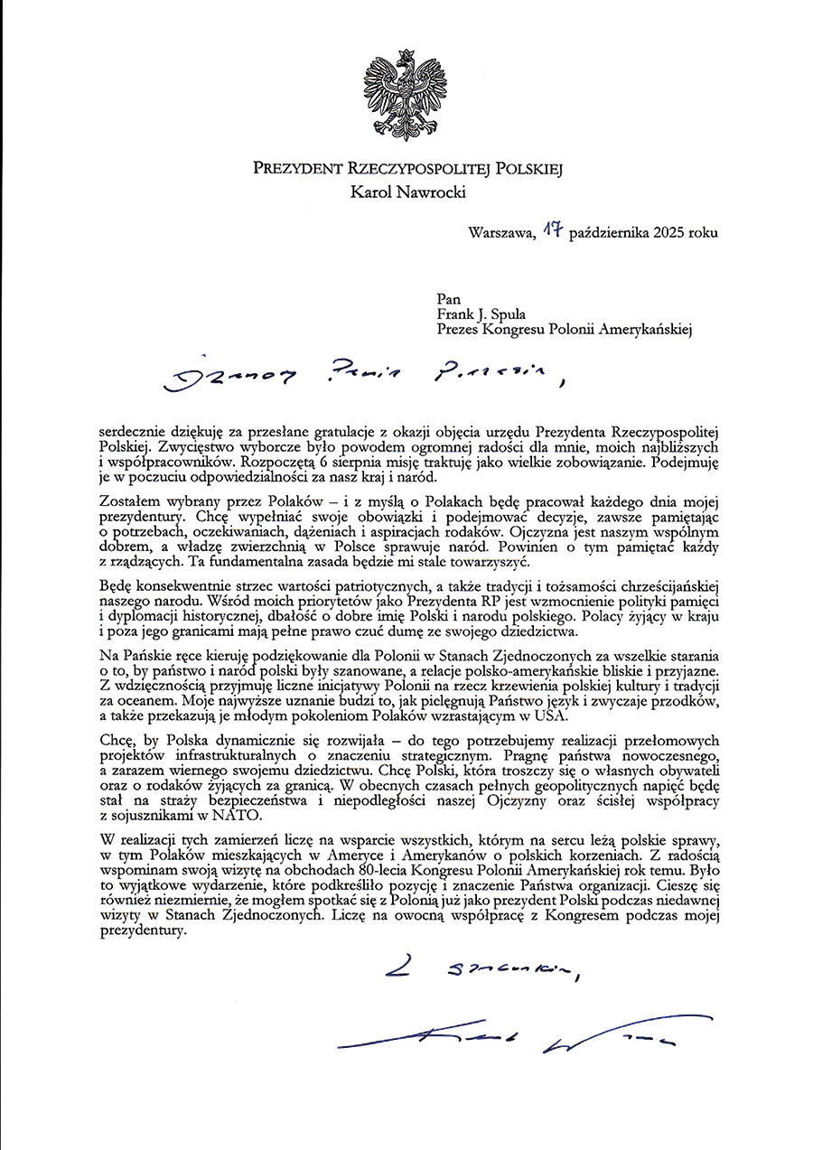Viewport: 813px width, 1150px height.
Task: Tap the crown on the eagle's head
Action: click(x=406, y=57)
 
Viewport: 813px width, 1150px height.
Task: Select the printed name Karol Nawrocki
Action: click(x=406, y=191)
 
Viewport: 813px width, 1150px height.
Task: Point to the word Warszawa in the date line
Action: click(x=500, y=233)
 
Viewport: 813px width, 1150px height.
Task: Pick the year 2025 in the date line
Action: click(x=662, y=233)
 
